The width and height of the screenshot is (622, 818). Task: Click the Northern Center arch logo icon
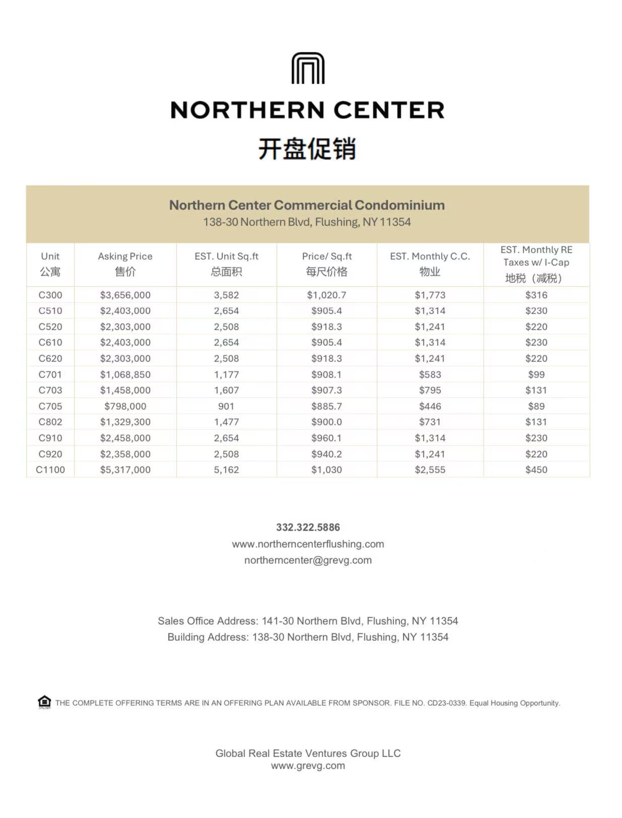pyautogui.click(x=308, y=68)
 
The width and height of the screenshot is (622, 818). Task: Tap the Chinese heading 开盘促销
pyautogui.click(x=307, y=149)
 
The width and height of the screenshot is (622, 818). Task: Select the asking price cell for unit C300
pyautogui.click(x=125, y=295)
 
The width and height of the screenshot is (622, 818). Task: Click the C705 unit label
pyautogui.click(x=50, y=406)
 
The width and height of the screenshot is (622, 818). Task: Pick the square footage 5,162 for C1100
pyautogui.click(x=226, y=470)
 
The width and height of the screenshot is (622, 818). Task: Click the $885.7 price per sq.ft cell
pyautogui.click(x=327, y=406)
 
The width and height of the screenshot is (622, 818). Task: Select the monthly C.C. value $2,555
pyautogui.click(x=430, y=470)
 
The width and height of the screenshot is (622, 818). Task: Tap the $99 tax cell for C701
pyautogui.click(x=536, y=375)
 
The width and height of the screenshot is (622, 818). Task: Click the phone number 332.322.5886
pyautogui.click(x=308, y=527)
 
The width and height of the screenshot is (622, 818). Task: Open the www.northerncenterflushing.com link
pyautogui.click(x=308, y=544)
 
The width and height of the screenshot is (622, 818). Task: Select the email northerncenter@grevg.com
pyautogui.click(x=308, y=560)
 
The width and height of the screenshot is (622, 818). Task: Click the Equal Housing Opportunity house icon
pyautogui.click(x=44, y=702)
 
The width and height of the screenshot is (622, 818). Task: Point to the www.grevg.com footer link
pyautogui.click(x=308, y=766)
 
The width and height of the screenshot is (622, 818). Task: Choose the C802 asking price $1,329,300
pyautogui.click(x=125, y=422)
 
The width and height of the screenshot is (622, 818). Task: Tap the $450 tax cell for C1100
pyautogui.click(x=536, y=470)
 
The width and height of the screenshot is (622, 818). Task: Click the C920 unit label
pyautogui.click(x=50, y=454)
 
